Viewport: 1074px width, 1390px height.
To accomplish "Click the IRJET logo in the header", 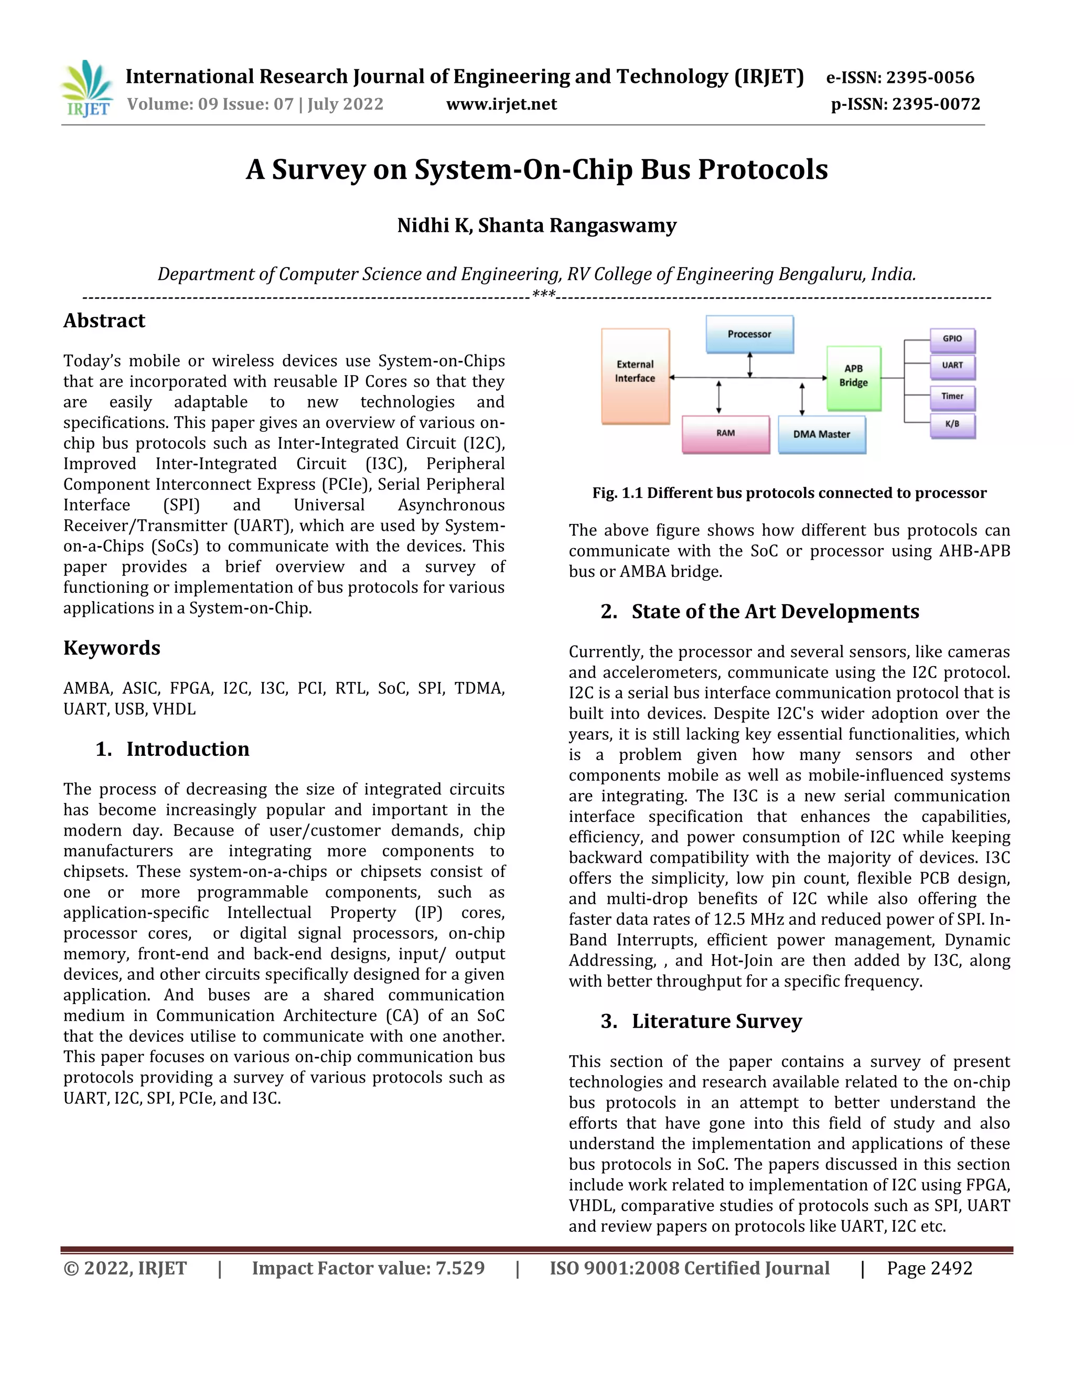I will (x=87, y=89).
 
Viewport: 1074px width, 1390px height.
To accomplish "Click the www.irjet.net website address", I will (x=501, y=104).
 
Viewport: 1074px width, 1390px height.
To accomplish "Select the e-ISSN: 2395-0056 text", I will (x=900, y=78).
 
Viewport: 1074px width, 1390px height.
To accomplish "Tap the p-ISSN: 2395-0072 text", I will (x=905, y=104).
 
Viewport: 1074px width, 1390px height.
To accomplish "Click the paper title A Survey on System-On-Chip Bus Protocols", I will (x=536, y=170).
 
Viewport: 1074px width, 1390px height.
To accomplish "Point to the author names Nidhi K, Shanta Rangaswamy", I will (x=536, y=226).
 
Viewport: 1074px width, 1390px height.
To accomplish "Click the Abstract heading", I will (x=104, y=321).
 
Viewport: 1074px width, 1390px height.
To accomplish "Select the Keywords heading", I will (x=111, y=648).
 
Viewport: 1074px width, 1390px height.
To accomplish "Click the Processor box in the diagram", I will (x=749, y=334).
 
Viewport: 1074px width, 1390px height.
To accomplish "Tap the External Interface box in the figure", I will (x=635, y=376).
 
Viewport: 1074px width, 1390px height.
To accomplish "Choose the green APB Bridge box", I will (x=853, y=378).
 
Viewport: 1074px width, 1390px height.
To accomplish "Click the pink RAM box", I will (x=725, y=434).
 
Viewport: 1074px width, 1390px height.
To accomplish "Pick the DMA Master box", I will (x=821, y=435).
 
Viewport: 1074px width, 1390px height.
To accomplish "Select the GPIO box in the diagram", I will (x=952, y=340).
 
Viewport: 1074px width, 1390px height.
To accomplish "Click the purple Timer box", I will (x=952, y=397).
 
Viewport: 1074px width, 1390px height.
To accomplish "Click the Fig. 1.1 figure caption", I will (x=789, y=493).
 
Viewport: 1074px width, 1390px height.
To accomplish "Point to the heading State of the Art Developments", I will (x=775, y=612).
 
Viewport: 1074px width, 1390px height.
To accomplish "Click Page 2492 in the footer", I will (x=929, y=1268).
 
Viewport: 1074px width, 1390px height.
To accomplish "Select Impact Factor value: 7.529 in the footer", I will (x=368, y=1268).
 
